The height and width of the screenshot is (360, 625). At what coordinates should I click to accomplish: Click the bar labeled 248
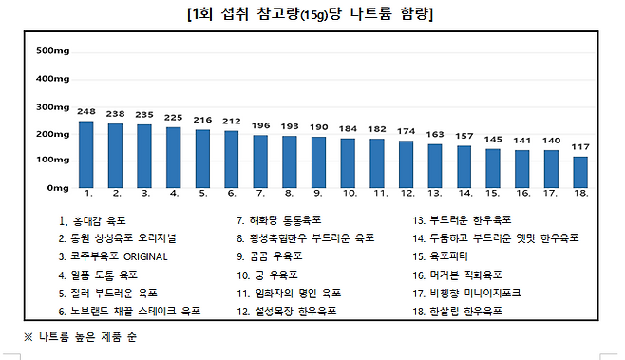(86, 153)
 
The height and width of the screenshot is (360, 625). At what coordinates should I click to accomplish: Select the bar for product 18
(579, 172)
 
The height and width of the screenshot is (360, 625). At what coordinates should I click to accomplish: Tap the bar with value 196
(261, 161)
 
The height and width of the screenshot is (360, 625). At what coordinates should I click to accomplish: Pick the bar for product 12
(406, 163)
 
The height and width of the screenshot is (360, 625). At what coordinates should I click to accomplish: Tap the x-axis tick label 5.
(203, 193)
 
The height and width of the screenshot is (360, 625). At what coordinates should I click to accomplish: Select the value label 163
(435, 134)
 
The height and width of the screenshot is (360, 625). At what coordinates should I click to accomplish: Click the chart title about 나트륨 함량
(312, 15)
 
